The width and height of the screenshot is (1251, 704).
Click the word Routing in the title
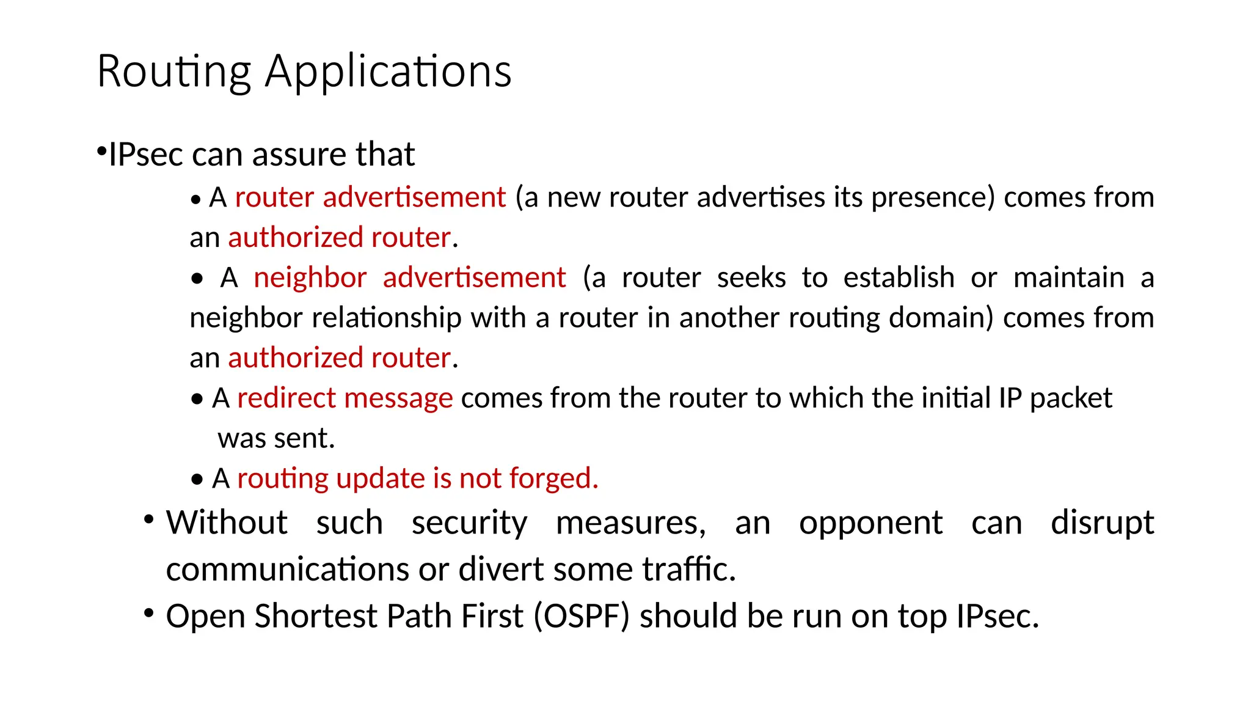174,72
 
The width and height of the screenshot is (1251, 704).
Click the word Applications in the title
388,72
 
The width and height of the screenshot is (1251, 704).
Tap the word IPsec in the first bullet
146,154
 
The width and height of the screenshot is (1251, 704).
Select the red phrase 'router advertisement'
370,197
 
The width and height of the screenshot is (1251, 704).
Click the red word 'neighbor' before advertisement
310,277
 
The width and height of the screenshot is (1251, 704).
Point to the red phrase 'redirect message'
345,398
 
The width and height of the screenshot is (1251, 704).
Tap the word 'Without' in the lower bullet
227,522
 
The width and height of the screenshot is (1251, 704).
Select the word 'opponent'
870,524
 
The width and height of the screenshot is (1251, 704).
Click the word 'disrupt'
1102,524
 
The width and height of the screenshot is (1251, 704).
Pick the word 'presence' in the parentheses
928,197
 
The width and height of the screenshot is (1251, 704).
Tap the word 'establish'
899,277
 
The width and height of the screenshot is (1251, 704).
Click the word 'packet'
1071,398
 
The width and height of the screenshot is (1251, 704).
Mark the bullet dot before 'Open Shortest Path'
149,612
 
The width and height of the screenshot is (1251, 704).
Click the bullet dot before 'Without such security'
149,519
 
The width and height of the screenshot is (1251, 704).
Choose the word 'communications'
288,569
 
